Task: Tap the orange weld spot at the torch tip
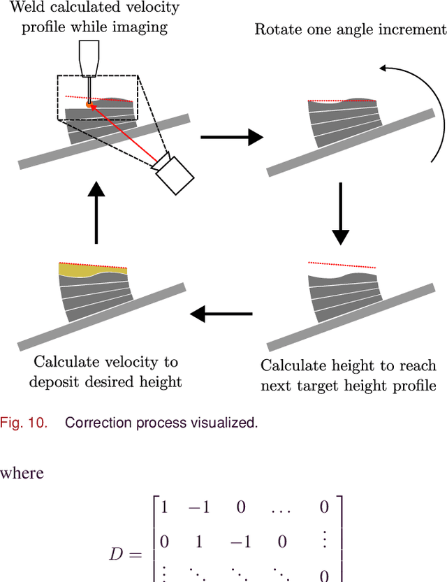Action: (89, 105)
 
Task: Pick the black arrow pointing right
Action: (232, 138)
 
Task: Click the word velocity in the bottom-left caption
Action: (129, 362)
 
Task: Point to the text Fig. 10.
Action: (24, 423)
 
